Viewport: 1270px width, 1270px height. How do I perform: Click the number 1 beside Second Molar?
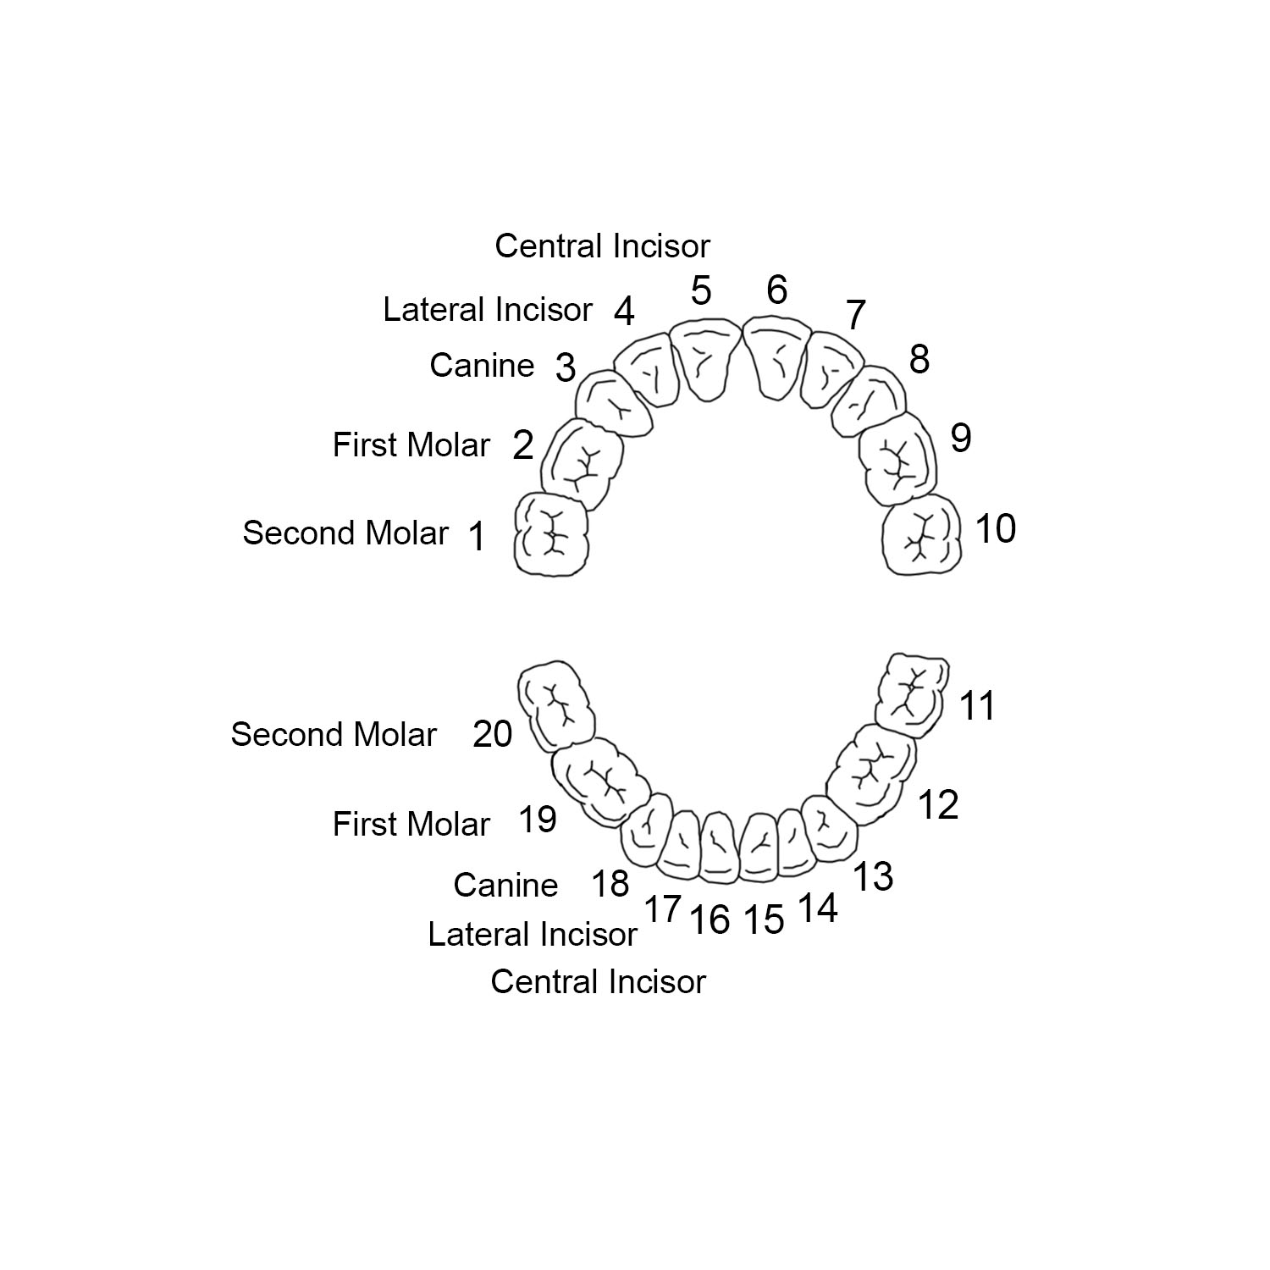point(478,537)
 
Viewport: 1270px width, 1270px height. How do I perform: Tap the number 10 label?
point(995,529)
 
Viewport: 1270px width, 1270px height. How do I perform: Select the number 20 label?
point(492,734)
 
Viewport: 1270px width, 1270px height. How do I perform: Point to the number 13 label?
point(872,877)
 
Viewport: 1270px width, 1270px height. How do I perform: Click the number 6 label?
point(776,290)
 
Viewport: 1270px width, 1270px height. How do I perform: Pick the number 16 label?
point(710,919)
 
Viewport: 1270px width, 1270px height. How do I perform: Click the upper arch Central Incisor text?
point(602,246)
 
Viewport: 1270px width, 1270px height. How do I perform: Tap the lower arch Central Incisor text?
point(598,982)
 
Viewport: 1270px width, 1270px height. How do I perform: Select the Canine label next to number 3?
point(482,366)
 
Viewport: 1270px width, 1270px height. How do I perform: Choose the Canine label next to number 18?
point(505,886)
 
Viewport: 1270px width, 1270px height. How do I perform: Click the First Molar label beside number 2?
point(411,445)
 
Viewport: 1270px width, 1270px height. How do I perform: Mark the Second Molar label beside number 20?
point(334,735)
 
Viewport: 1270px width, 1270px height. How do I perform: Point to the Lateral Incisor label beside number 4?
point(487,310)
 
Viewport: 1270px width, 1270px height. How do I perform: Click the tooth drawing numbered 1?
point(551,535)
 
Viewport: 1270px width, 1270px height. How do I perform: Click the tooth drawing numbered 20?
point(555,704)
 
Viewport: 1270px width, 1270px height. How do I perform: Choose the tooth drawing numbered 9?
point(897,458)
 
